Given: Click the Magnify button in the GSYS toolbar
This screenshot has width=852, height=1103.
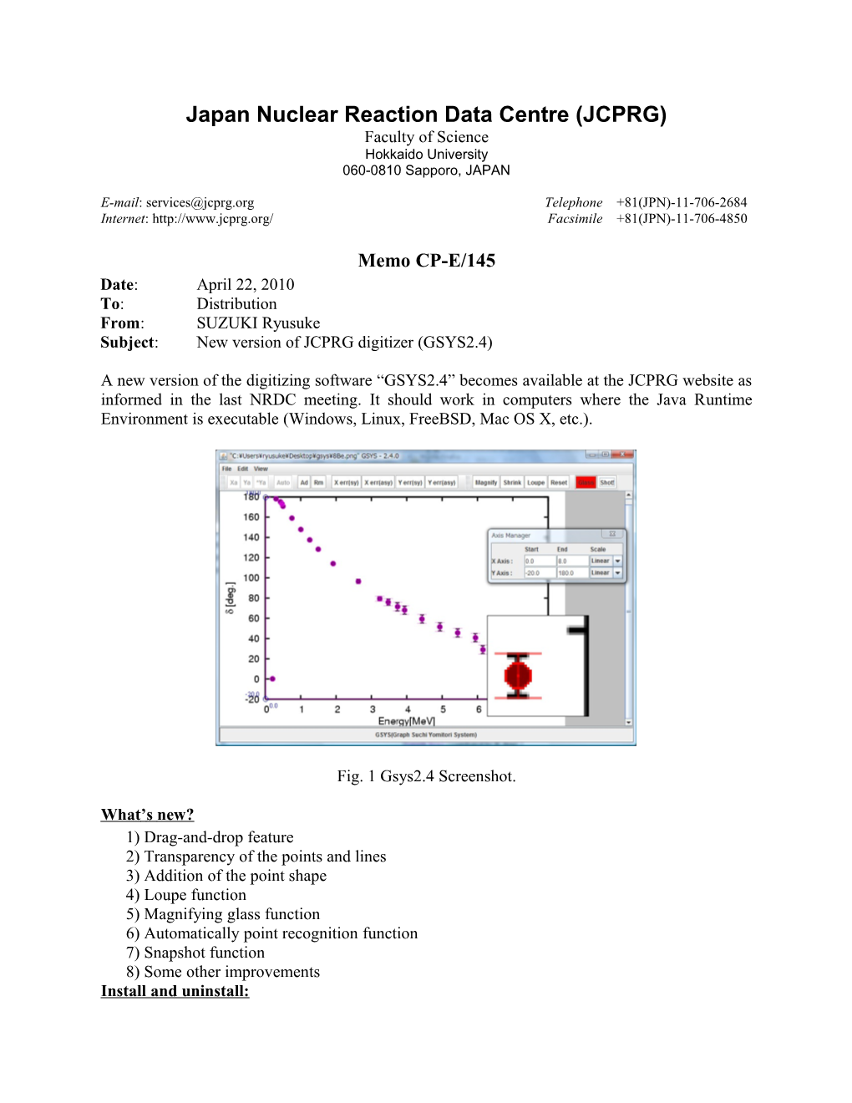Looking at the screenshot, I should tap(486, 482).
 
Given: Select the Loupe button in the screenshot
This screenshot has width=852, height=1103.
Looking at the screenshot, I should tap(535, 482).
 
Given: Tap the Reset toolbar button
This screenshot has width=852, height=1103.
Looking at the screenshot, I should tap(559, 482).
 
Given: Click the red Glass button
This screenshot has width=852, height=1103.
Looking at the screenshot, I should tap(586, 482).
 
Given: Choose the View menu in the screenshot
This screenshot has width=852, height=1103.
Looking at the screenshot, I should tap(261, 469).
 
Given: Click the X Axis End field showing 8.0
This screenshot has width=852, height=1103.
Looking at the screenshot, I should tap(572, 561).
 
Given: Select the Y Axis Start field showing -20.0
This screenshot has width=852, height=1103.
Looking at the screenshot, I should tap(539, 572).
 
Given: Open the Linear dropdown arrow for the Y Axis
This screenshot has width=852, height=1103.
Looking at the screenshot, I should tap(618, 572).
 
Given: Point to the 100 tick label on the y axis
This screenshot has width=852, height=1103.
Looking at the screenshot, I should tap(251, 577).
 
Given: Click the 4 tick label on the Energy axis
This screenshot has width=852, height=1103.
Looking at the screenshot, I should tap(408, 709).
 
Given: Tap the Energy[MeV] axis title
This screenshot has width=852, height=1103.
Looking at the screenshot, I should tap(407, 721).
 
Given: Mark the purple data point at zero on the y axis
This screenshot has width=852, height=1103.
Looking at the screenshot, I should tap(272, 679).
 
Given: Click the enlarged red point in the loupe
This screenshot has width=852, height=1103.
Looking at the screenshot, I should tap(518, 674).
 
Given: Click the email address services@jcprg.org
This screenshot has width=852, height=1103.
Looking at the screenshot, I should tap(200, 202).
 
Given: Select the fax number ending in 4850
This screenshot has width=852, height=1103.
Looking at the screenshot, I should tap(682, 219).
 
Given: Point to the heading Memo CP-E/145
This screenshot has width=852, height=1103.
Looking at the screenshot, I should tap(426, 261).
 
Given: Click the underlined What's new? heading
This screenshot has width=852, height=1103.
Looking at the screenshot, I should tap(147, 815).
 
